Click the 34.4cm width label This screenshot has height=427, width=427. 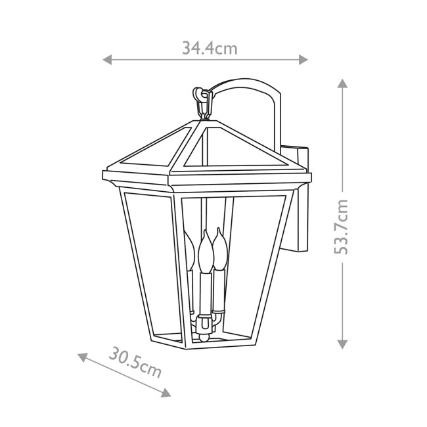tap(209, 48)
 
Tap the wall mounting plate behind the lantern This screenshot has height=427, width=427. tap(303, 197)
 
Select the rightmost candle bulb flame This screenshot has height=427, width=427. tap(218, 246)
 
